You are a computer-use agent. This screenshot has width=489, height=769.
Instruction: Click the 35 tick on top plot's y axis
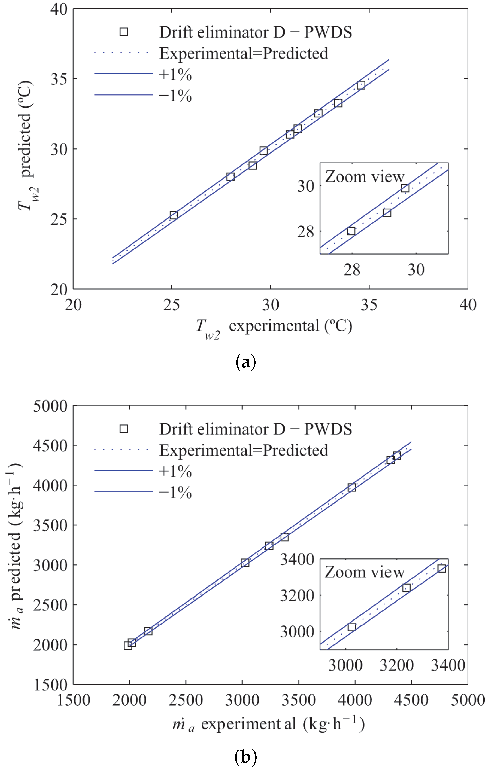coord(59,79)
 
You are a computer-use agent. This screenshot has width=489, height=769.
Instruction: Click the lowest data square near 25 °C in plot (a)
coord(174,215)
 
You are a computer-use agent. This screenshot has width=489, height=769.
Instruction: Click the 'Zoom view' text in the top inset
coord(365,177)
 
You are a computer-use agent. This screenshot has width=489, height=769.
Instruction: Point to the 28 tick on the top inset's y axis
coord(305,232)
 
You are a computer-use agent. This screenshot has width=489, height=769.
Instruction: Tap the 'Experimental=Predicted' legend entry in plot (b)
coord(243,450)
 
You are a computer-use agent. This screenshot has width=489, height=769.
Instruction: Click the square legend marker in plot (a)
coord(124,32)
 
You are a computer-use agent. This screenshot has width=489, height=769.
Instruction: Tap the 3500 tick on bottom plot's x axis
coord(299,700)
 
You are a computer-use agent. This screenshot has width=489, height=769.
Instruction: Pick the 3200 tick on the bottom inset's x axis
coord(396,665)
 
